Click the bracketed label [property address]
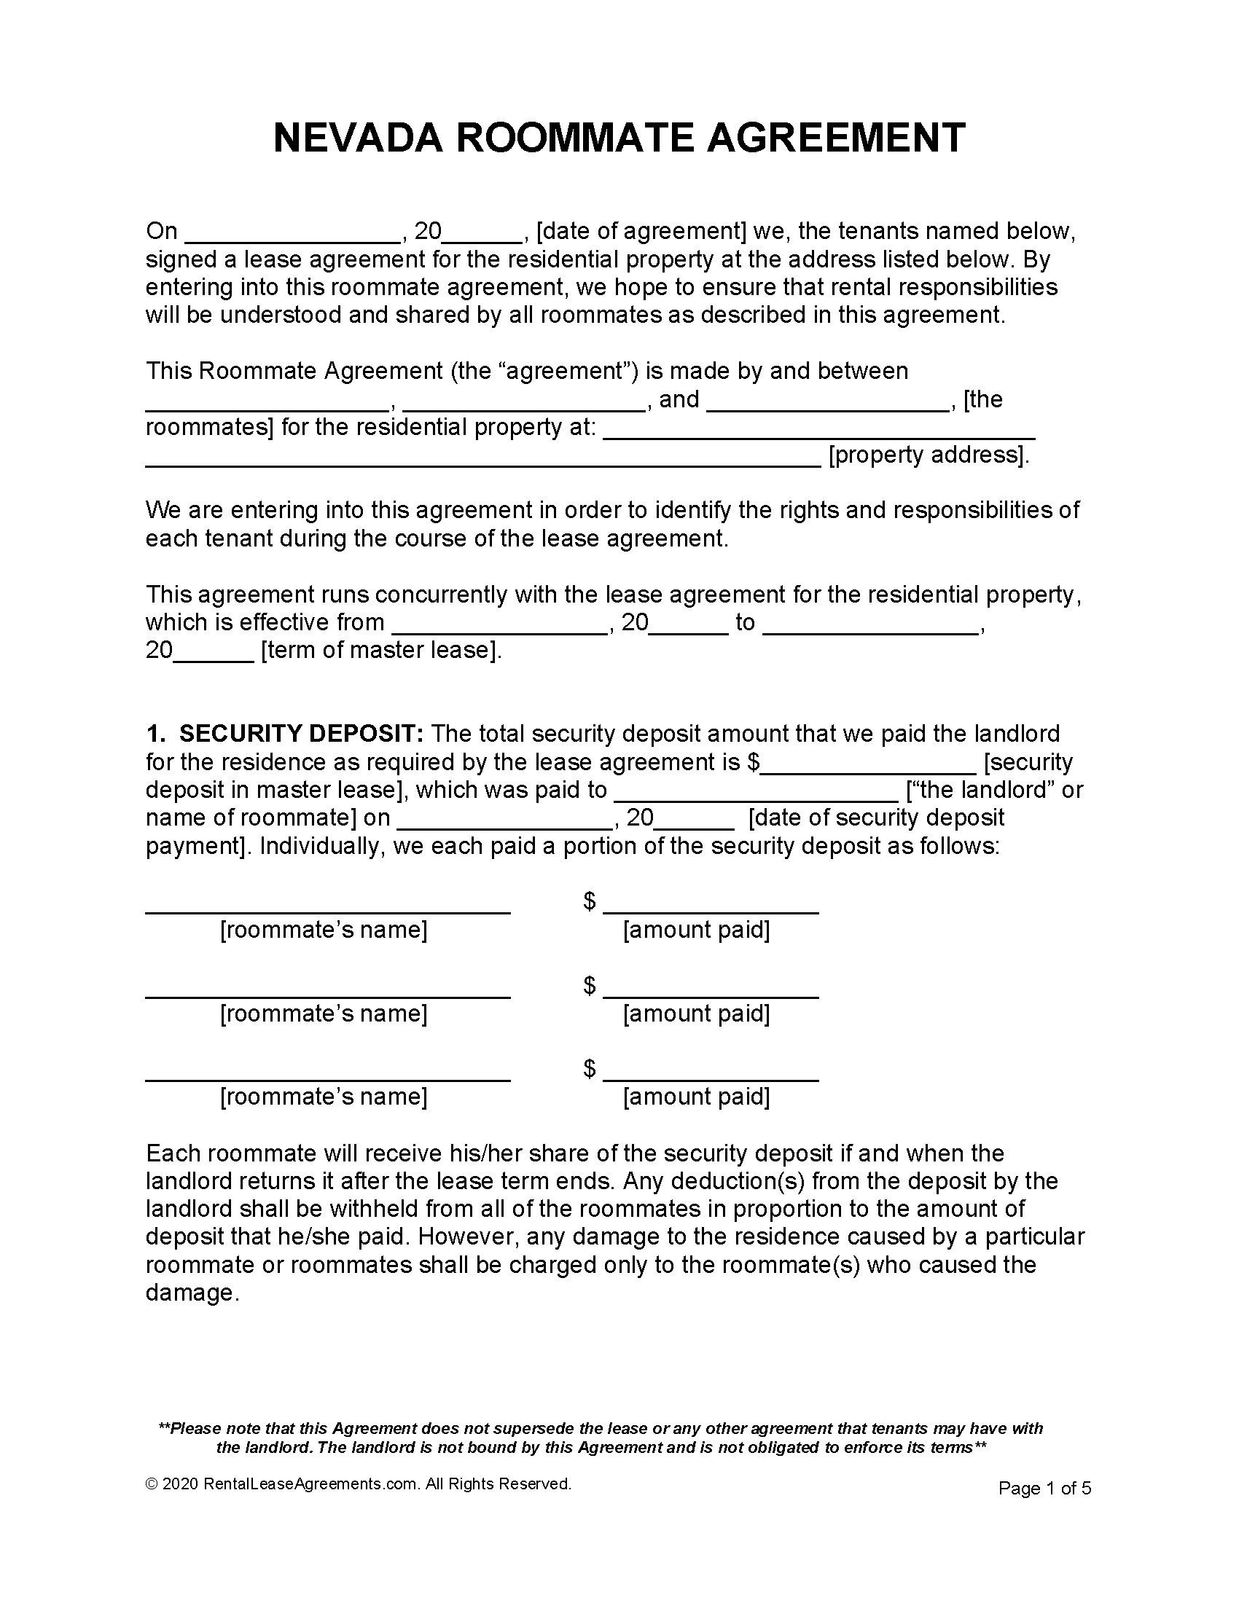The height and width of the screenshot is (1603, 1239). click(929, 455)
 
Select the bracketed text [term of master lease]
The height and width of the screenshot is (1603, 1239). click(382, 650)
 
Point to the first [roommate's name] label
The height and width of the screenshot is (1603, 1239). click(324, 930)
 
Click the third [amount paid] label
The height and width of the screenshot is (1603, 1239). click(696, 1097)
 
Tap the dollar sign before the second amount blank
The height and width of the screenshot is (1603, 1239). click(590, 985)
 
